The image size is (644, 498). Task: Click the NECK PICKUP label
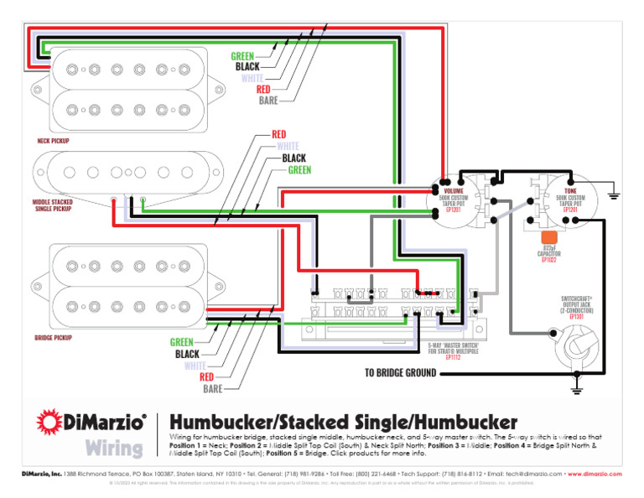click(x=53, y=141)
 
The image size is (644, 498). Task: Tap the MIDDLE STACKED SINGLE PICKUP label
click(x=53, y=205)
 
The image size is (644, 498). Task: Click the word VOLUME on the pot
click(x=454, y=191)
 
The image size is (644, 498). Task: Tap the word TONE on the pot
click(x=570, y=191)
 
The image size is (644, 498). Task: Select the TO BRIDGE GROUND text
click(x=400, y=372)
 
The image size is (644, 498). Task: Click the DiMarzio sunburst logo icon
click(x=49, y=421)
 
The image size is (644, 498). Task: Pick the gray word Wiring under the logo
click(x=113, y=448)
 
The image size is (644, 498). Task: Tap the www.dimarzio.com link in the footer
click(x=596, y=474)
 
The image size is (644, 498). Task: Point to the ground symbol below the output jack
click(x=578, y=388)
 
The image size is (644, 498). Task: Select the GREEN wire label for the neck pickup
click(x=242, y=56)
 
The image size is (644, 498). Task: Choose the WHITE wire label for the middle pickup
click(x=288, y=146)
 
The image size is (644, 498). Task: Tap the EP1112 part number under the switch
click(x=453, y=357)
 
